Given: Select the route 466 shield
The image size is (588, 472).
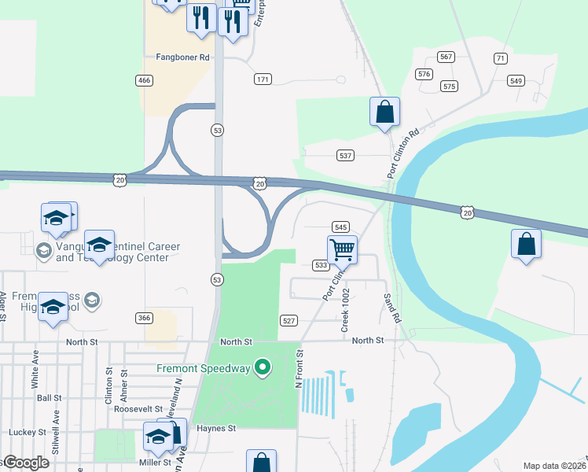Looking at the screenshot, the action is point(144,80).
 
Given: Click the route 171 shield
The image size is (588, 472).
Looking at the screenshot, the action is point(263,79).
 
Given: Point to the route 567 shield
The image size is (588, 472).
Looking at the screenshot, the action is point(447,57).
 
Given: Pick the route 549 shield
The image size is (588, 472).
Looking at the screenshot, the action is point(516,81).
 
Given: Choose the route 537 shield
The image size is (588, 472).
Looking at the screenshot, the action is point(345,155).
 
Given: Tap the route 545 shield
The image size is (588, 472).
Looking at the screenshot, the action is point(340,227).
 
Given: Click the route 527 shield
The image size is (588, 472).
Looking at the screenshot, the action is point(289,320).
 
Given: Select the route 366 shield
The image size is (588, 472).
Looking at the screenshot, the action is point(144,318).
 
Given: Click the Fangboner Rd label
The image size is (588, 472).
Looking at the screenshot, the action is point(182,57).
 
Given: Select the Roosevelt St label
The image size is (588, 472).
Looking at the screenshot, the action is point(138,410).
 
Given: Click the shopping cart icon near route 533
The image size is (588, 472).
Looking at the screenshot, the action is point(342,250).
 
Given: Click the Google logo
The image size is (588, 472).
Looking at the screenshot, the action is point(25,463).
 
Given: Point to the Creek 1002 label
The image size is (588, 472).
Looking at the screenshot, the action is point(344,309).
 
